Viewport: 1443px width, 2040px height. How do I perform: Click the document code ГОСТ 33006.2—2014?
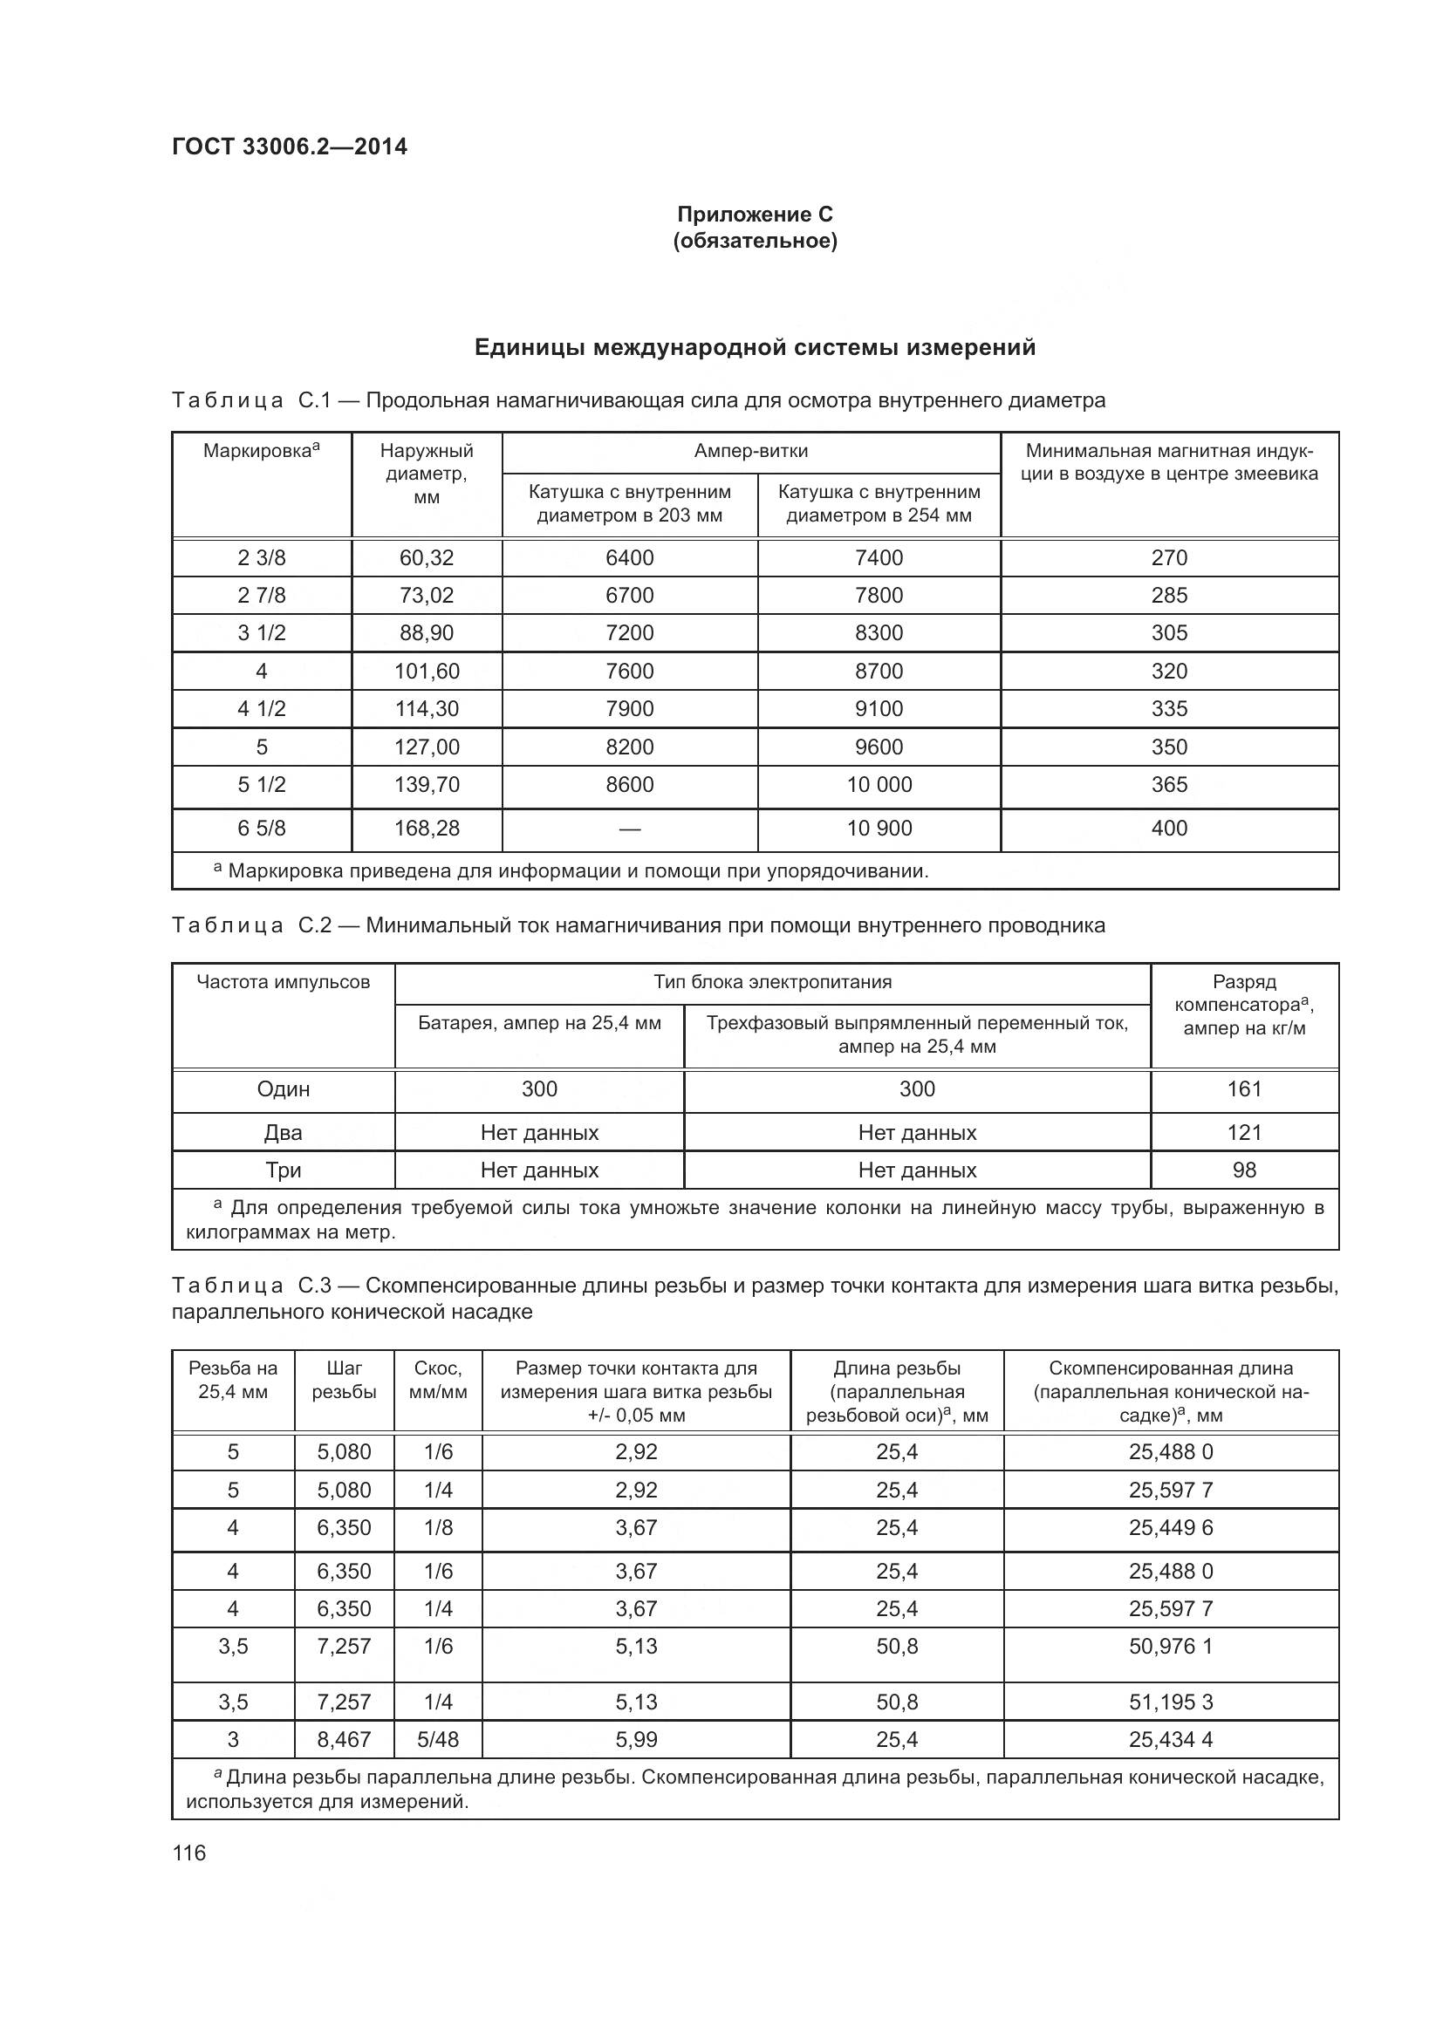(289, 147)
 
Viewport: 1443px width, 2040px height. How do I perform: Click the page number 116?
(189, 1852)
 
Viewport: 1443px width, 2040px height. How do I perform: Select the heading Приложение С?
(755, 215)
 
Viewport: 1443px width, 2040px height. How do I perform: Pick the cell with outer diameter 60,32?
(427, 558)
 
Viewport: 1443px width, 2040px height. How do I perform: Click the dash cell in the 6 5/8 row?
(629, 829)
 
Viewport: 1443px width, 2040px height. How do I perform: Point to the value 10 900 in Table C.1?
(879, 828)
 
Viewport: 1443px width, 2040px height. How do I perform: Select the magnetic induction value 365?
(1168, 785)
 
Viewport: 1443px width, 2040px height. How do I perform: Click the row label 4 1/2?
(261, 709)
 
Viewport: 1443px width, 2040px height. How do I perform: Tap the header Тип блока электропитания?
(772, 982)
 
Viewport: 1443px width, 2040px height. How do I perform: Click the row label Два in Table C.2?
(283, 1133)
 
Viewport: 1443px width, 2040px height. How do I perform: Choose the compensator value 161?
(1244, 1089)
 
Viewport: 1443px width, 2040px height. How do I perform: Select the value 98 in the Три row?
(1244, 1170)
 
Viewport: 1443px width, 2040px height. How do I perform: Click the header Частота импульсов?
(283, 982)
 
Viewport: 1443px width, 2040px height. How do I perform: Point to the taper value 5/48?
(438, 1739)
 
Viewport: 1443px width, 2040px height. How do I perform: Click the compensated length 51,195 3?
(1170, 1702)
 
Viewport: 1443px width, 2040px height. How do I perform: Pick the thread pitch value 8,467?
(344, 1739)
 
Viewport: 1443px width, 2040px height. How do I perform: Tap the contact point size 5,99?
(636, 1739)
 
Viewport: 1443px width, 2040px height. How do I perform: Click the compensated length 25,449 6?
(1170, 1527)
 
